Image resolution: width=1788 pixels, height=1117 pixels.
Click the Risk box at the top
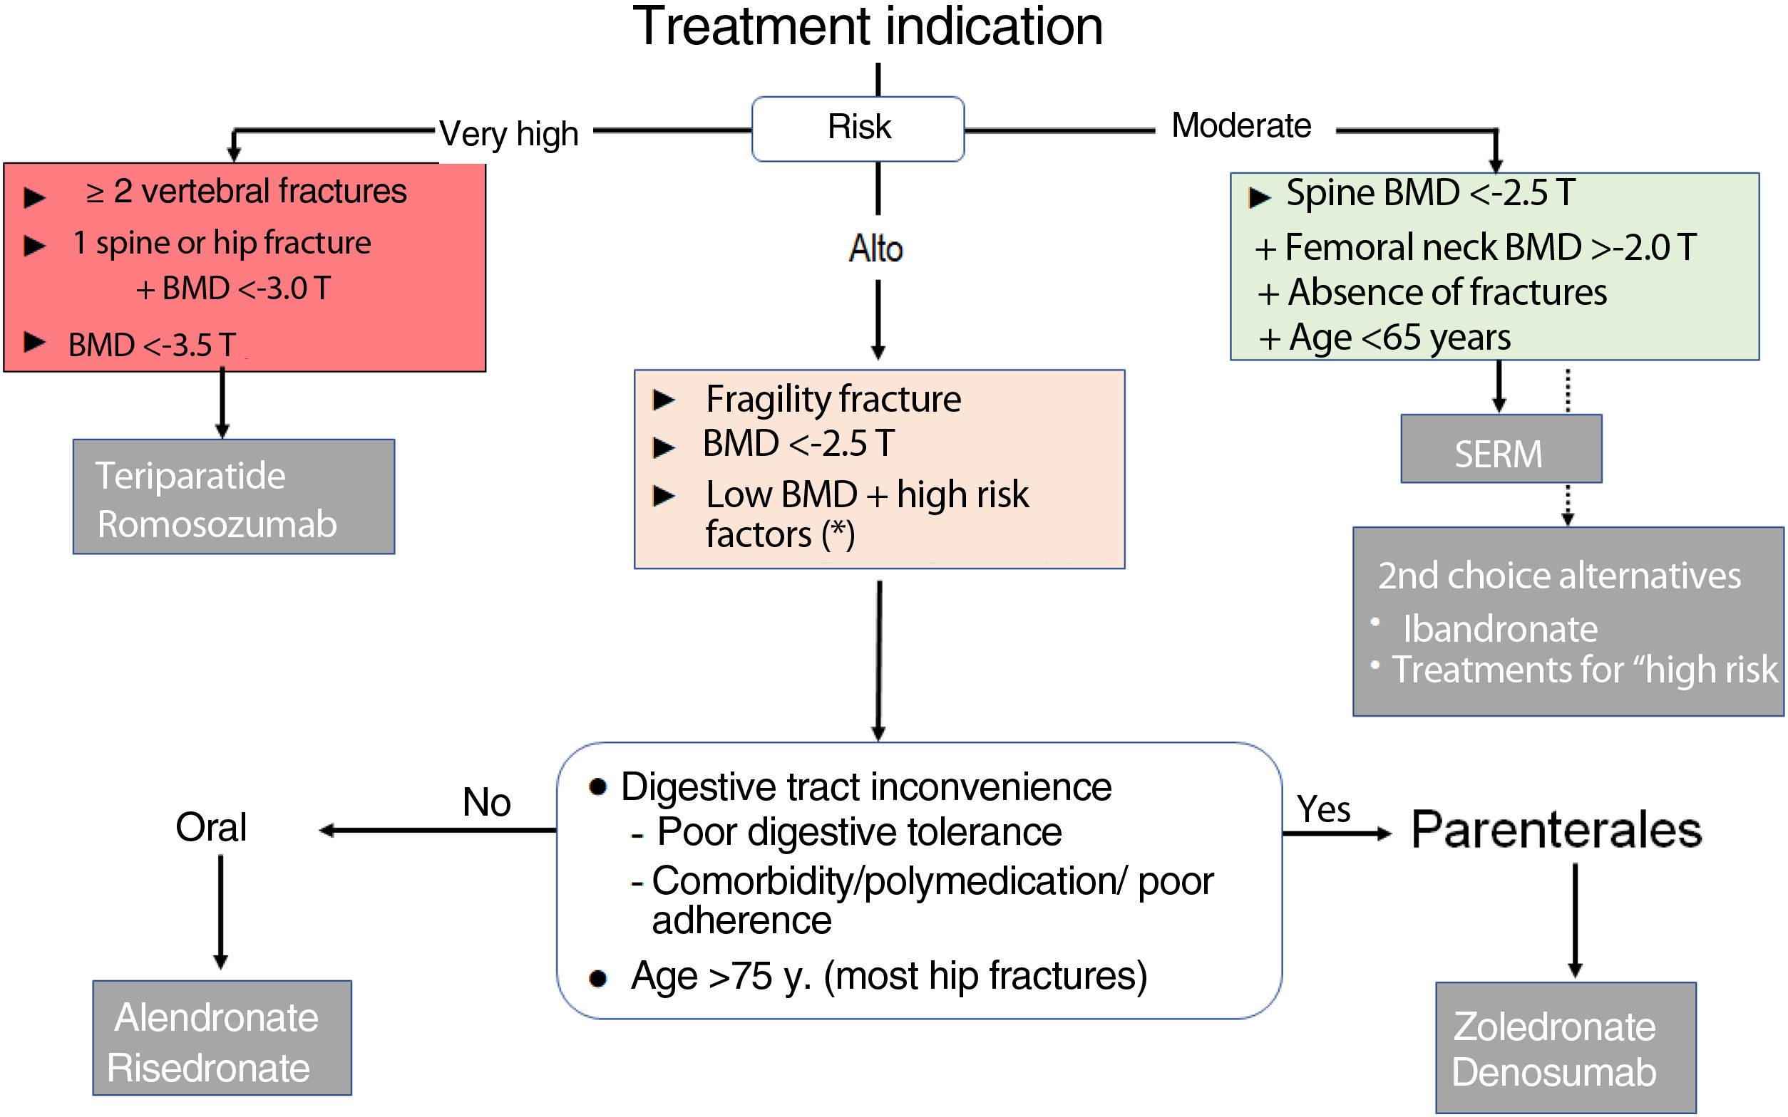coord(858,128)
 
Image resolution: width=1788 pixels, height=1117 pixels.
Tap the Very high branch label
coord(508,135)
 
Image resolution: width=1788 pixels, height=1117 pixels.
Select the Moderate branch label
coord(1241,125)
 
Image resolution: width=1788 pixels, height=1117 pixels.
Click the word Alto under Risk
coord(876,249)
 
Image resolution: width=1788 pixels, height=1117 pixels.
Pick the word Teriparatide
coord(190,475)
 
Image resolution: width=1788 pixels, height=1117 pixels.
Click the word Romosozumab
coord(217,524)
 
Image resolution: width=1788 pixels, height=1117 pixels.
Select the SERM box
coord(1500,453)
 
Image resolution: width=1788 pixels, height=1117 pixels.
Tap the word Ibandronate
coord(1500,630)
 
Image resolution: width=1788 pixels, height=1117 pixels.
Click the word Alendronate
coord(216,1018)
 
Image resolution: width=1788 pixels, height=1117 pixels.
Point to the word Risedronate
coord(207,1069)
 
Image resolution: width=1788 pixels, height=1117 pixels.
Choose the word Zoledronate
coord(1553,1027)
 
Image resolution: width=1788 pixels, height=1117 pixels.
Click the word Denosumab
coord(1553,1073)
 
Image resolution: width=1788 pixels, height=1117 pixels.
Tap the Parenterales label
coord(1556,830)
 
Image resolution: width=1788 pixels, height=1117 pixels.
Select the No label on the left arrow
coord(486,802)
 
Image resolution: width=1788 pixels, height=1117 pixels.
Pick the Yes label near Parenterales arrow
coord(1323,809)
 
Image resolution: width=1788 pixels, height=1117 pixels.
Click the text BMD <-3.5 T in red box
coord(152,345)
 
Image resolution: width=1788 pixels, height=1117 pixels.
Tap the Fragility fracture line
coord(832,400)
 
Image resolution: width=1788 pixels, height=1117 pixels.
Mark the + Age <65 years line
coord(1384,338)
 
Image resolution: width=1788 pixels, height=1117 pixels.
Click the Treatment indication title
coord(867,26)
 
